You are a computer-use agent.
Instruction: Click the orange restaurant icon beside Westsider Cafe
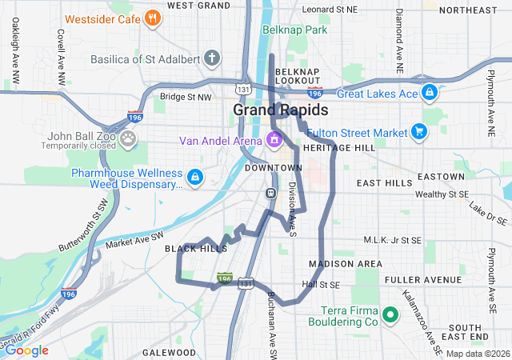(152, 18)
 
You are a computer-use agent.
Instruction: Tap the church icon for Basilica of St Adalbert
(211, 58)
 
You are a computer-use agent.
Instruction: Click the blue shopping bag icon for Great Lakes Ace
(430, 93)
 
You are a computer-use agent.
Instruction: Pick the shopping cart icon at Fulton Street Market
(418, 131)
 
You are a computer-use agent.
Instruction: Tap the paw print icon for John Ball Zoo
(129, 139)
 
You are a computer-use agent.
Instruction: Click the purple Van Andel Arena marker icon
(274, 141)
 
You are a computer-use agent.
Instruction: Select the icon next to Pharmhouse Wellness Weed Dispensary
(194, 175)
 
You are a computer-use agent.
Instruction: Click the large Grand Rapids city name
(280, 110)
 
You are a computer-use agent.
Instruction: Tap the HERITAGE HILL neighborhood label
(338, 149)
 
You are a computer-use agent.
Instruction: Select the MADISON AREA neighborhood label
(345, 264)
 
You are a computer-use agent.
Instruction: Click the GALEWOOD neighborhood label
(169, 352)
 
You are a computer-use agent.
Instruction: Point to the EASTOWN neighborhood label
(441, 176)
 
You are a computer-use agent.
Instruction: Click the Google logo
(26, 350)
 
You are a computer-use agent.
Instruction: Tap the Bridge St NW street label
(186, 97)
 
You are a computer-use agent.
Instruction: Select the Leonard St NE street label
(330, 10)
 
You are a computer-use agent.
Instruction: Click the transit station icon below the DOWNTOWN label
(271, 193)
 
